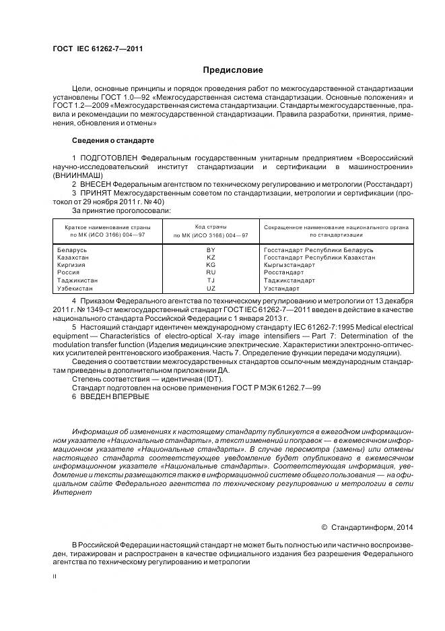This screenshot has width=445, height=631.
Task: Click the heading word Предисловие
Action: tap(233, 70)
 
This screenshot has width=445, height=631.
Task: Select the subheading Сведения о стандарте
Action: tap(112, 140)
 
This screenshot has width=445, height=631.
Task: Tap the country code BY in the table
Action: tap(211, 250)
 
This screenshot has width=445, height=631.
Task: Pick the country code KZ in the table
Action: tap(211, 258)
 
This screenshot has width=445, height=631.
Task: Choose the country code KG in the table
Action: tap(211, 265)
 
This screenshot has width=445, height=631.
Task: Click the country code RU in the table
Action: tap(211, 272)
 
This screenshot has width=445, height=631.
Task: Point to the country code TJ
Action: tap(211, 280)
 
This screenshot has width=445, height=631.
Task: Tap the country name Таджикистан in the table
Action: tap(78, 280)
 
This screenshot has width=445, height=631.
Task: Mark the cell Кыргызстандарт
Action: tap(289, 265)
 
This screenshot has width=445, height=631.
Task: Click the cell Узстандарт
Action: tap(282, 288)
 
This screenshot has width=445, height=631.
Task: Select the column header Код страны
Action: tap(211, 227)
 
